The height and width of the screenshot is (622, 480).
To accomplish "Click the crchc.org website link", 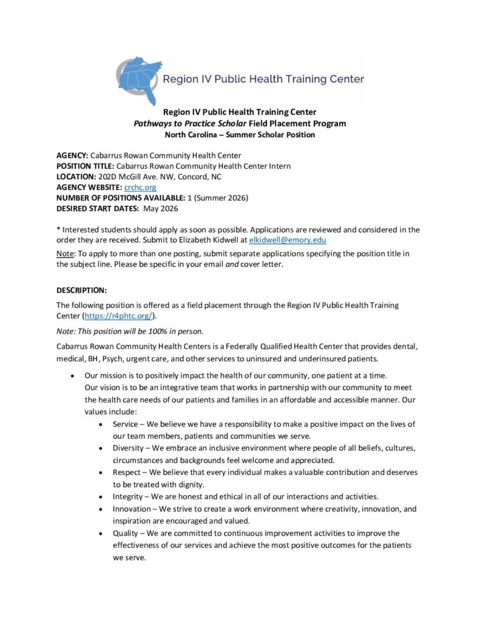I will (x=140, y=188).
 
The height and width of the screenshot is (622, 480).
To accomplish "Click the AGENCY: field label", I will (x=72, y=155).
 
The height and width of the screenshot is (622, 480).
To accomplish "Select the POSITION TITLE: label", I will (x=85, y=166).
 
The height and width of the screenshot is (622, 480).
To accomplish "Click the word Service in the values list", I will (x=125, y=424).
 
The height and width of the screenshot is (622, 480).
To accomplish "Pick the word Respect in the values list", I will (x=126, y=472).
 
